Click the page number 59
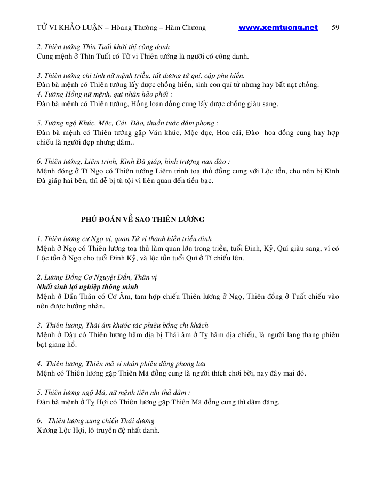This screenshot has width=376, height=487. tap(335, 28)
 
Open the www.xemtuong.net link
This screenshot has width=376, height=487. tap(278, 28)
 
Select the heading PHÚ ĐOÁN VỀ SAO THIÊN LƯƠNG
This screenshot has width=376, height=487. tap(143, 219)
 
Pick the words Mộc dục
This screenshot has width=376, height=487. tap(190, 132)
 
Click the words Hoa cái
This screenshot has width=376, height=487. tap(230, 132)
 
